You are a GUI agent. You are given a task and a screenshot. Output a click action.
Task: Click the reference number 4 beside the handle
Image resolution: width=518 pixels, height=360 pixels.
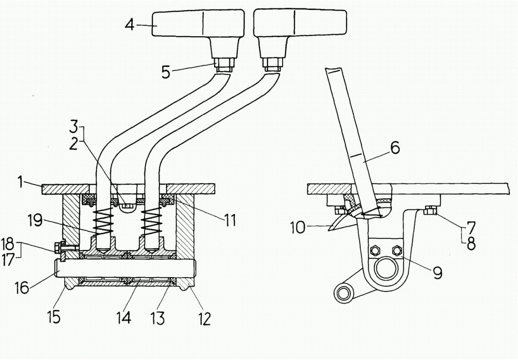[129, 25]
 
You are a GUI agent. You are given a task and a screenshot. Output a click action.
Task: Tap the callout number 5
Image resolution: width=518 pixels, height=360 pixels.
[166, 72]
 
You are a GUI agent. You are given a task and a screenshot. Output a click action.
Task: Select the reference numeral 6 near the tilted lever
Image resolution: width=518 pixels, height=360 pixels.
[395, 148]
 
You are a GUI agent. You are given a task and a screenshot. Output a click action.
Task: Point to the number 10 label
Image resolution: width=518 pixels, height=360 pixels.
[297, 227]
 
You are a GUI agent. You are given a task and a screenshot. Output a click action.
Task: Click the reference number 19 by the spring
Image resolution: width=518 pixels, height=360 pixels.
[35, 220]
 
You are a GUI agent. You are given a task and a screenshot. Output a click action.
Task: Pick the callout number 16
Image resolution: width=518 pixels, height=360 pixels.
[22, 287]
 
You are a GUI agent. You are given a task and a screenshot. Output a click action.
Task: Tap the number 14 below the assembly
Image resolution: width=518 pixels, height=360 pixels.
[124, 317]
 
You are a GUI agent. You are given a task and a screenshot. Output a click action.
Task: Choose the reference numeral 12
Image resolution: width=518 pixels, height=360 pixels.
[205, 319]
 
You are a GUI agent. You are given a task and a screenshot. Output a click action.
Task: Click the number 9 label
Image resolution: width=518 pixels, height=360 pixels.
[438, 273]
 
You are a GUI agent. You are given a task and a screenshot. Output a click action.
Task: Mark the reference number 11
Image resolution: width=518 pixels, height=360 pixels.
[230, 220]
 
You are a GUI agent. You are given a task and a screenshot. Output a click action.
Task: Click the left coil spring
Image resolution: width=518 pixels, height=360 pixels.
[103, 221]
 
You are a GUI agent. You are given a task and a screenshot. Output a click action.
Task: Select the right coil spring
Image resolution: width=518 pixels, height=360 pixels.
[152, 221]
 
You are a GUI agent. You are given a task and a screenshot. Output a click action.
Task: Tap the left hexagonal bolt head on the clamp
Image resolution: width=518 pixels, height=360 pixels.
[375, 250]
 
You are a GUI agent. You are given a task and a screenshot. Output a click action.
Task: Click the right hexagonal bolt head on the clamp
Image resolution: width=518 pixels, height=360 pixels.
[397, 250]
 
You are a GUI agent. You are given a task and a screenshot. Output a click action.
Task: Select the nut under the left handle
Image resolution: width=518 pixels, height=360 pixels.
[224, 65]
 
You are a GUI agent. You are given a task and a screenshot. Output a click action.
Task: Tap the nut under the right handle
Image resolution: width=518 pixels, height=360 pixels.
[273, 64]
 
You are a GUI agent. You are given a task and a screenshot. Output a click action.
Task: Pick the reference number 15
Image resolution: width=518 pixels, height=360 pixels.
[54, 317]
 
